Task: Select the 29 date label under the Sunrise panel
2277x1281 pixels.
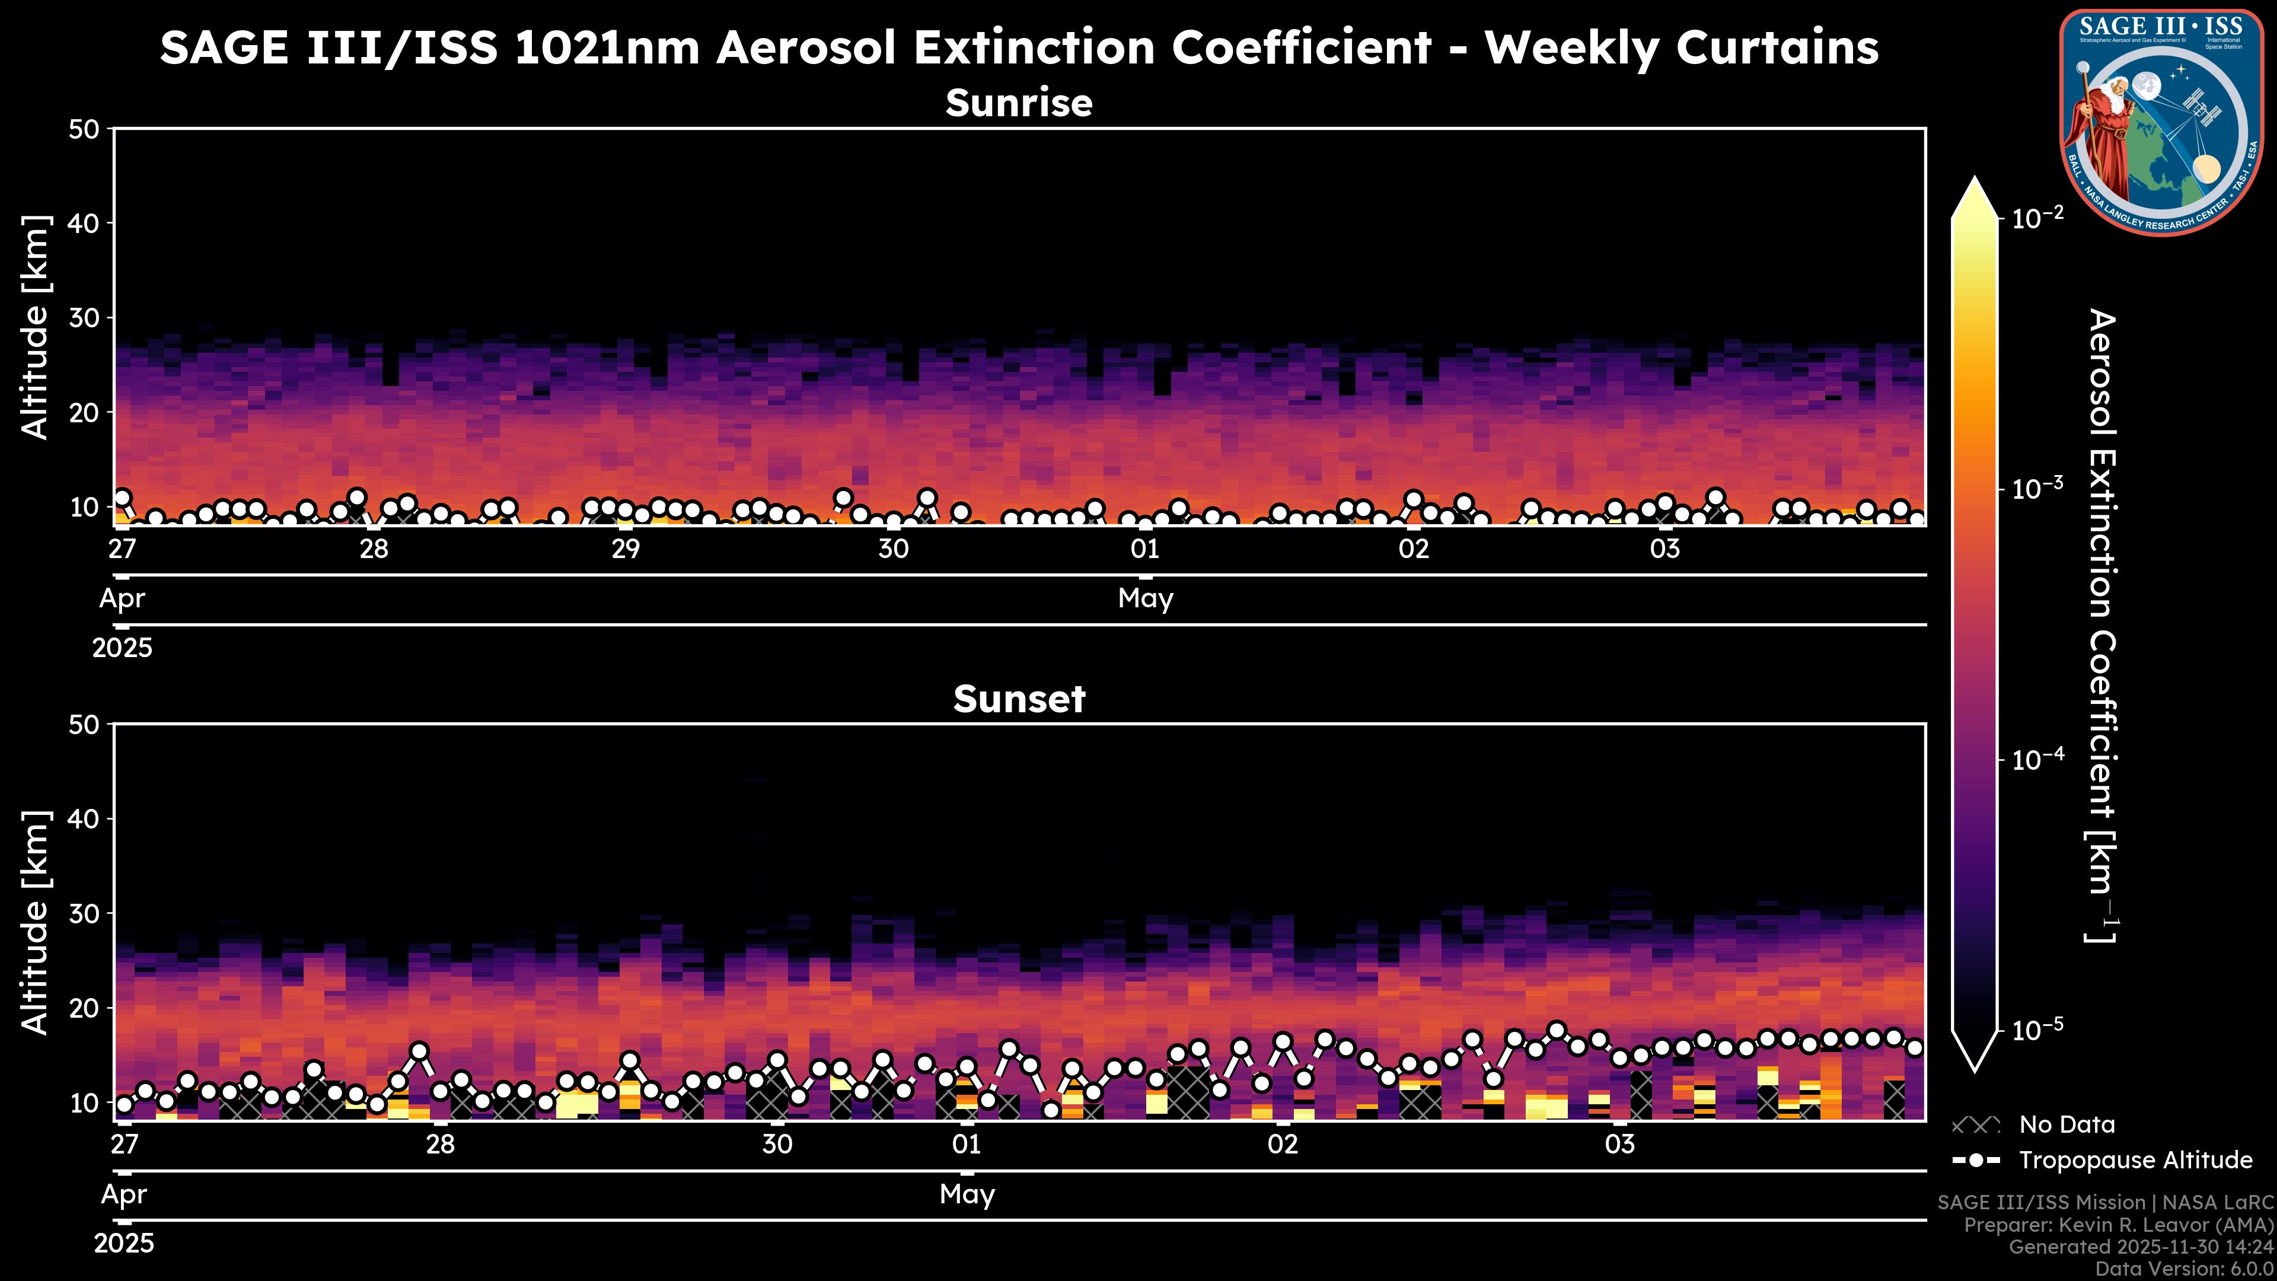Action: tap(625, 549)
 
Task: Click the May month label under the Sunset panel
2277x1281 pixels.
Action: tap(967, 1194)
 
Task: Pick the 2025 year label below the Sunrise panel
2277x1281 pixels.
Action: tap(122, 648)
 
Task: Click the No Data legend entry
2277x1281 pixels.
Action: tap(2066, 1124)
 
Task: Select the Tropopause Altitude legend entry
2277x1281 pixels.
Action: tap(2135, 1160)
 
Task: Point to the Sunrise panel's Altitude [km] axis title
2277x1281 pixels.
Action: tap(36, 327)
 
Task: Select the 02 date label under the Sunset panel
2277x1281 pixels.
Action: tap(1283, 1145)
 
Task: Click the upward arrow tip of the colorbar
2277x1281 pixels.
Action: tap(1975, 181)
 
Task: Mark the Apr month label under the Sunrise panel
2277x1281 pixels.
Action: tap(122, 598)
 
